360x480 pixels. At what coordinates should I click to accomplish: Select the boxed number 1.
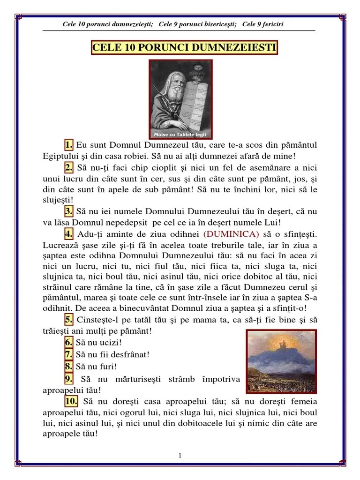(69, 145)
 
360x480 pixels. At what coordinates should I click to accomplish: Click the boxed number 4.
(69, 233)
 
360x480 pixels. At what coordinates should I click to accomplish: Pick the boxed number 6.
(69, 343)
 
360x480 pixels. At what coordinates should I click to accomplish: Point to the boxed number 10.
(71, 401)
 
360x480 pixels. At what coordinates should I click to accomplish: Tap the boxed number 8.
(69, 366)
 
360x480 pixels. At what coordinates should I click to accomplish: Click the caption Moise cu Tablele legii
(180, 135)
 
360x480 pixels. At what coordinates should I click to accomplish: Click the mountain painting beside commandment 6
(281, 361)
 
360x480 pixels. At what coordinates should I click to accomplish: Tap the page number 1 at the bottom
(180, 456)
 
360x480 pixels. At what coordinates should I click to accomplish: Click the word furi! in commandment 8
(107, 367)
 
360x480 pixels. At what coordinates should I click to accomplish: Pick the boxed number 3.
(69, 210)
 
